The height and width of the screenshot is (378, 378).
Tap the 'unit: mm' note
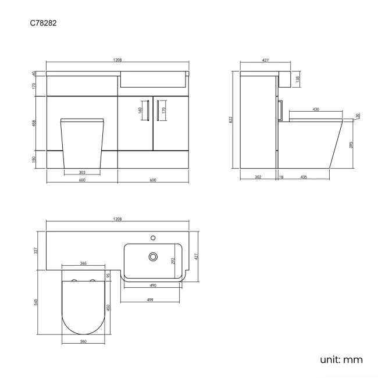coord(341,359)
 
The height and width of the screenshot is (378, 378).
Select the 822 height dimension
coord(231,120)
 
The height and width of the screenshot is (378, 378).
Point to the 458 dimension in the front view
coord(34,123)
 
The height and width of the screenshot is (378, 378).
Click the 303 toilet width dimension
coord(82,172)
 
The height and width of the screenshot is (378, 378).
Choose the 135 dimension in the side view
coord(298,79)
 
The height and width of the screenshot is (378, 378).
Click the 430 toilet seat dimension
coord(315,109)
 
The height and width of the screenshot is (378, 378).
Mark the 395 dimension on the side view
coord(351,145)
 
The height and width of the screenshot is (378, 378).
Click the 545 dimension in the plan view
coord(36,303)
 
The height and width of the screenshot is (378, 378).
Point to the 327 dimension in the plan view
coord(36,251)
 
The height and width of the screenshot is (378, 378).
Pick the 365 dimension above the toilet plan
coord(83,264)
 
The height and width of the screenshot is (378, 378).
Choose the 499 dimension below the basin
coord(149,300)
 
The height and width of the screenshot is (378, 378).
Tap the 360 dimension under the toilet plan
coord(83,341)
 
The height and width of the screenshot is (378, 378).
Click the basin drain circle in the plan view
coord(154,256)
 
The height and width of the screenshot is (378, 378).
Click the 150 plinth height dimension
coord(34,159)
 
